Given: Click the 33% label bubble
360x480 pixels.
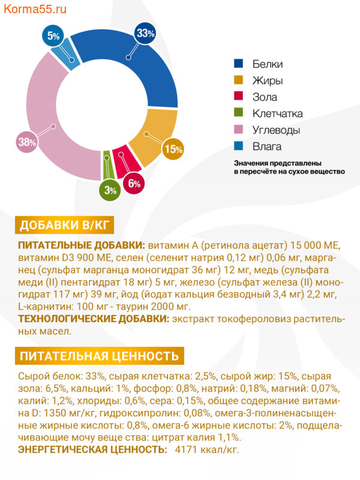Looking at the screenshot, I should coord(145,34).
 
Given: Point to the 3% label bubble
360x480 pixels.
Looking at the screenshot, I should coord(110,190).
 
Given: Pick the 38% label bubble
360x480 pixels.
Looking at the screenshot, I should coord(27,142).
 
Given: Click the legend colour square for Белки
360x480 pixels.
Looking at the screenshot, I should coord(238,64).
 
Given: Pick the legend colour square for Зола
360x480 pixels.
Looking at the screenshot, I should coord(238,97).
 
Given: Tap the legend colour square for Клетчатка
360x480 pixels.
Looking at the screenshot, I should coord(238,113).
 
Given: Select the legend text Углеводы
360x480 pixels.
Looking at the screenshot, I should coord(276,130).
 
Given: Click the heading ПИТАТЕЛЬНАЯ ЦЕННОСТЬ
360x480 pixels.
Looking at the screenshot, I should coord(100,356).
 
